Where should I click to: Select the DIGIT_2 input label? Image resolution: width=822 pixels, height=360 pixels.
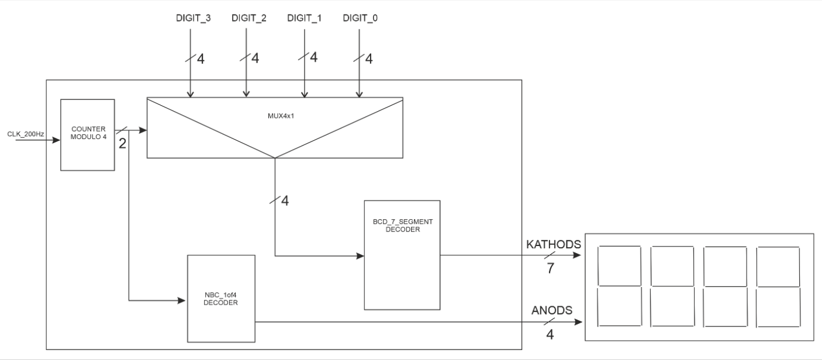[248, 19]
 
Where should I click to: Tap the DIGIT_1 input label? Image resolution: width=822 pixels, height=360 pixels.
[305, 19]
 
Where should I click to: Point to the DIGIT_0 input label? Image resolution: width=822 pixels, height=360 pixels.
[360, 19]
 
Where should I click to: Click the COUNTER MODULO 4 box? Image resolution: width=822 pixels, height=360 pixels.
[88, 134]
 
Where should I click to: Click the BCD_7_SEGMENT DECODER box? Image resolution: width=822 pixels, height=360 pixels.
[402, 255]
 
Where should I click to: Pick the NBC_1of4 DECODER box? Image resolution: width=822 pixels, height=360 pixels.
[221, 298]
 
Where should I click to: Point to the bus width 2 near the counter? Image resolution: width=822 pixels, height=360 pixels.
[122, 144]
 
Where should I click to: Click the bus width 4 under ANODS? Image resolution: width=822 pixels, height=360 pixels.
[550, 335]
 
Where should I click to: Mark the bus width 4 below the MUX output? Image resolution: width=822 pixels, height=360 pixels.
[285, 201]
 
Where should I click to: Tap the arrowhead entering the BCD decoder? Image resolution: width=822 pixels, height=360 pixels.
[360, 256]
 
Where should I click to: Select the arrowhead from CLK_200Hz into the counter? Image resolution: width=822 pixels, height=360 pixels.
[57, 140]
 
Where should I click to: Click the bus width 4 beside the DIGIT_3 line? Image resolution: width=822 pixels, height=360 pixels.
[201, 59]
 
